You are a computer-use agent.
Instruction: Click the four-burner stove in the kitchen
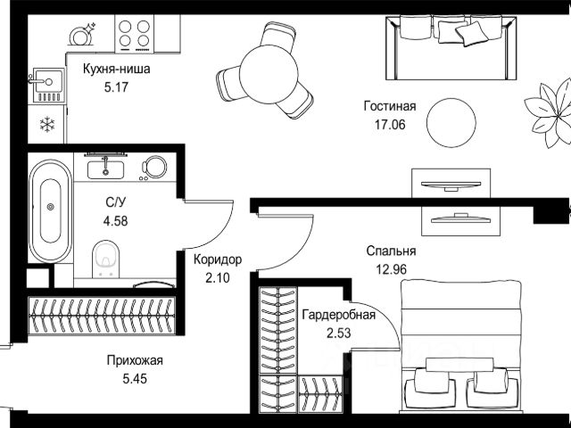[135, 34]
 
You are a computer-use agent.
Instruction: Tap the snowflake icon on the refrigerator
[47, 125]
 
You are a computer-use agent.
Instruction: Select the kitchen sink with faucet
[48, 85]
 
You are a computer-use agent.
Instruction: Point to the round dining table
[269, 74]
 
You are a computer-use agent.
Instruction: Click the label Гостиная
[390, 106]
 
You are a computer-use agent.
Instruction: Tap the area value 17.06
[390, 125]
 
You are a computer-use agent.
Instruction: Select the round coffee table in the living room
[451, 123]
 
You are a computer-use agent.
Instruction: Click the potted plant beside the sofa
[550, 113]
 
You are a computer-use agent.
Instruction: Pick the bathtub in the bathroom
[51, 211]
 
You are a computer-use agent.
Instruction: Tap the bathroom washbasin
[105, 169]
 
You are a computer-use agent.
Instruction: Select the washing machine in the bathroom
[154, 168]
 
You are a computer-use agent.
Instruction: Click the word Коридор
[218, 259]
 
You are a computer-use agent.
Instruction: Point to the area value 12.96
[392, 269]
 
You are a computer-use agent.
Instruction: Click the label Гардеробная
[339, 315]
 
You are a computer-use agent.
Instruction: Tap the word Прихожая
[135, 360]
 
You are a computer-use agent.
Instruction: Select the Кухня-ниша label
[117, 69]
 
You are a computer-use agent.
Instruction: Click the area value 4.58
[115, 221]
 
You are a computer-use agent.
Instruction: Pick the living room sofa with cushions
[451, 47]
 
